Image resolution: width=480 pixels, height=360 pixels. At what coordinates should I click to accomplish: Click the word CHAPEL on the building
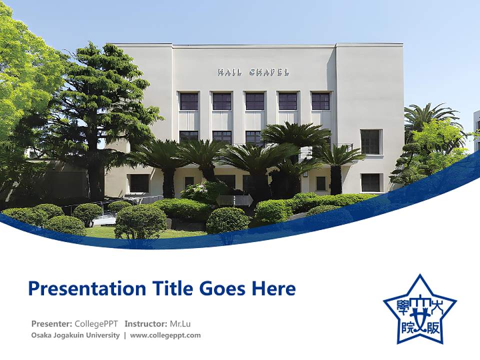(x=269, y=72)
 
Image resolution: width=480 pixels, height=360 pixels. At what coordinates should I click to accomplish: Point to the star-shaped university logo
(x=419, y=310)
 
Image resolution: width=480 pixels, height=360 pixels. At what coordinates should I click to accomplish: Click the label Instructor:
(x=145, y=323)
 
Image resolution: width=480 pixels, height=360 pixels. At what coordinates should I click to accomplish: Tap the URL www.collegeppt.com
(x=165, y=335)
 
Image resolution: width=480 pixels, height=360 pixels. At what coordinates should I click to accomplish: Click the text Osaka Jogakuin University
(x=75, y=335)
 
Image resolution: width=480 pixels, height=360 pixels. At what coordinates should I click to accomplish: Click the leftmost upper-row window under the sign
(x=189, y=101)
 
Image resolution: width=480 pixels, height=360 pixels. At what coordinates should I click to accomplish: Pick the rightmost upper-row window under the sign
(x=320, y=101)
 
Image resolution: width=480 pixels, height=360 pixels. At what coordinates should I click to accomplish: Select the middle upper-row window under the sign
(x=254, y=101)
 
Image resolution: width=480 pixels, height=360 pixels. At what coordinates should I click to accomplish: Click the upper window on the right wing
(x=370, y=141)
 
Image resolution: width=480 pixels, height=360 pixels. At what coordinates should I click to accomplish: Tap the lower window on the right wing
(x=370, y=182)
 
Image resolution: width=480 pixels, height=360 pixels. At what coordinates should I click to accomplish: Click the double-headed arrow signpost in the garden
(x=234, y=200)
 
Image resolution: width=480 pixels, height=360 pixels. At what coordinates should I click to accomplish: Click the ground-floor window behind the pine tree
(x=139, y=183)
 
